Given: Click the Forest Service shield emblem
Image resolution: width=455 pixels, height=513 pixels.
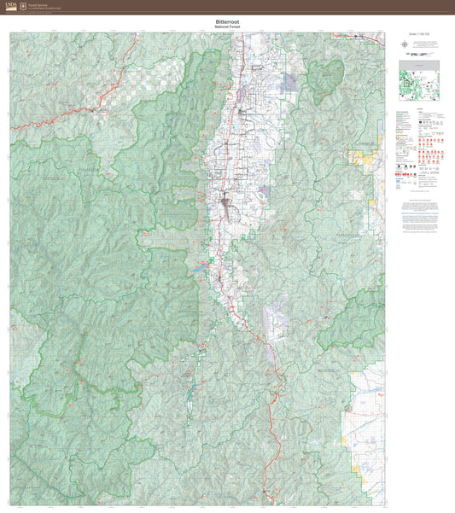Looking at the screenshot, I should [22, 6].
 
